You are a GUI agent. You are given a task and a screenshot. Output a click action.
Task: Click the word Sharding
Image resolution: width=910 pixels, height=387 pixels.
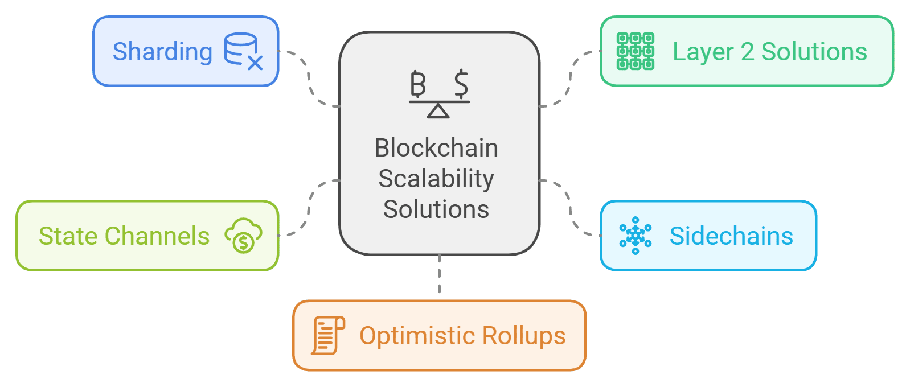tap(162, 52)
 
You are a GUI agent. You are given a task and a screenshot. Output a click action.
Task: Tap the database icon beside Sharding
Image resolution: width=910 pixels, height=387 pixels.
tap(242, 51)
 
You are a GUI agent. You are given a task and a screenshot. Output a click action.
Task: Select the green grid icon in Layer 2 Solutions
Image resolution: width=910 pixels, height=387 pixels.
tap(635, 51)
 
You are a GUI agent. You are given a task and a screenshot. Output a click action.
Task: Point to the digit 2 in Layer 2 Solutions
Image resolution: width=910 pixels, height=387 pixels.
tap(747, 52)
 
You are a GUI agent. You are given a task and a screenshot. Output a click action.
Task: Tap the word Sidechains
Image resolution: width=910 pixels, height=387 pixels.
tap(731, 236)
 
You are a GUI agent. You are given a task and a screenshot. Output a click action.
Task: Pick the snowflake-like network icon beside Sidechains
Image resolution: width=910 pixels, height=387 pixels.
tap(635, 236)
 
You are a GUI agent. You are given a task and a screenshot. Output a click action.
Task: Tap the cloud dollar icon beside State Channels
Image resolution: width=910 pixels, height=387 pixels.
tap(243, 236)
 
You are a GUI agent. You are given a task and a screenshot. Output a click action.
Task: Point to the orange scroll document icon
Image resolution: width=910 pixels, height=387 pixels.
tap(327, 336)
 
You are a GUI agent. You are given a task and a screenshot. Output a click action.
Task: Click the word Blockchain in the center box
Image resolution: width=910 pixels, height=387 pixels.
tap(436, 148)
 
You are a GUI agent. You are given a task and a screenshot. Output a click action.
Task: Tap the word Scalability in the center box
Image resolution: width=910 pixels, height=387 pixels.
tap(436, 179)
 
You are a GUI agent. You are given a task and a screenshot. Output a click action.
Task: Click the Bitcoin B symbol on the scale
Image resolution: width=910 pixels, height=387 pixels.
tap(418, 84)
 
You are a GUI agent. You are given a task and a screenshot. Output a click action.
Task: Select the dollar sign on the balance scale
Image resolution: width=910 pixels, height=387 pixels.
tap(461, 84)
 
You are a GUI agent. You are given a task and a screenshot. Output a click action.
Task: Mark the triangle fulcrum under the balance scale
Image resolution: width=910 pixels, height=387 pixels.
tap(438, 111)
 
